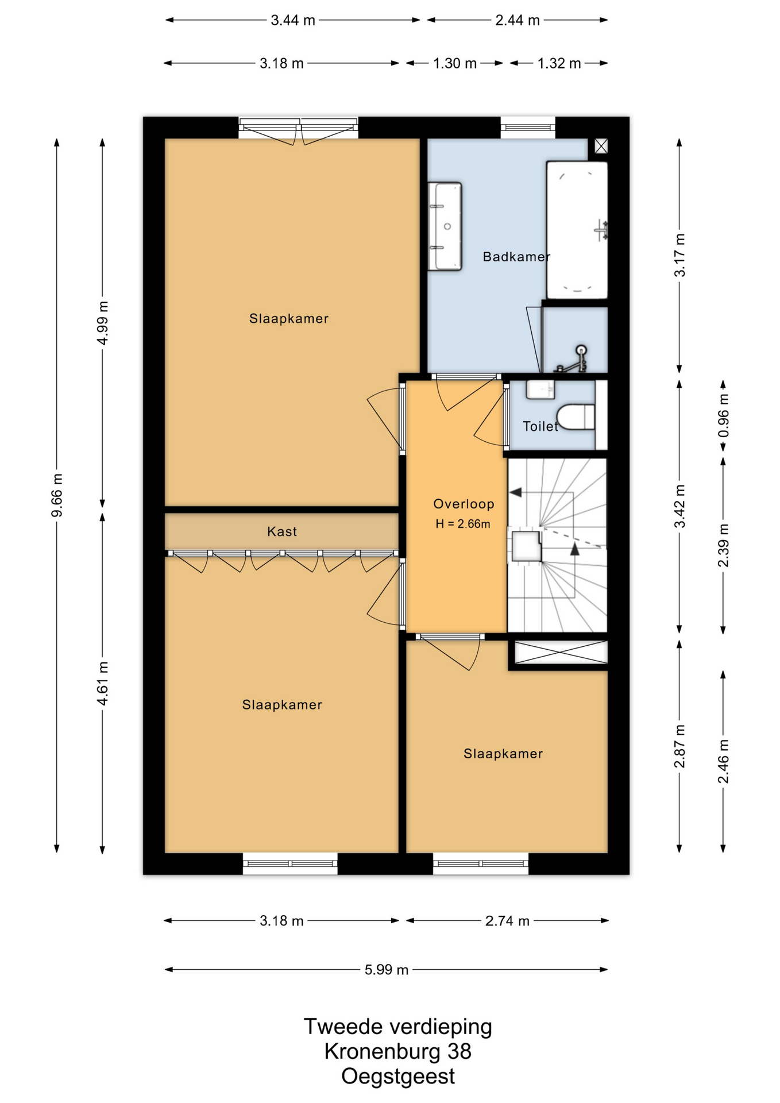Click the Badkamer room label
click(x=516, y=257)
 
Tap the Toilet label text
click(x=540, y=426)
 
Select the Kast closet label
click(x=282, y=531)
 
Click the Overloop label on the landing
click(x=464, y=504)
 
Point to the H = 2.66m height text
click(x=463, y=524)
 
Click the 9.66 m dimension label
click(x=57, y=495)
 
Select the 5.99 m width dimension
click(x=387, y=970)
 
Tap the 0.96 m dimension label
click(x=724, y=415)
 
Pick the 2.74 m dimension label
click(x=507, y=921)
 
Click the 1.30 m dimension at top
click(x=455, y=63)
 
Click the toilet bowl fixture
click(x=576, y=417)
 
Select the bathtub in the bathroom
click(x=577, y=230)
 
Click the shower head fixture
click(x=581, y=349)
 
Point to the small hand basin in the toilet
click(x=540, y=389)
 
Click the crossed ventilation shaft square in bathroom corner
click(x=601, y=146)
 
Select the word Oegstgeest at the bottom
click(x=398, y=1077)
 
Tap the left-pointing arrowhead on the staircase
click(x=515, y=492)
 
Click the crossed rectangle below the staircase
click(x=561, y=653)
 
